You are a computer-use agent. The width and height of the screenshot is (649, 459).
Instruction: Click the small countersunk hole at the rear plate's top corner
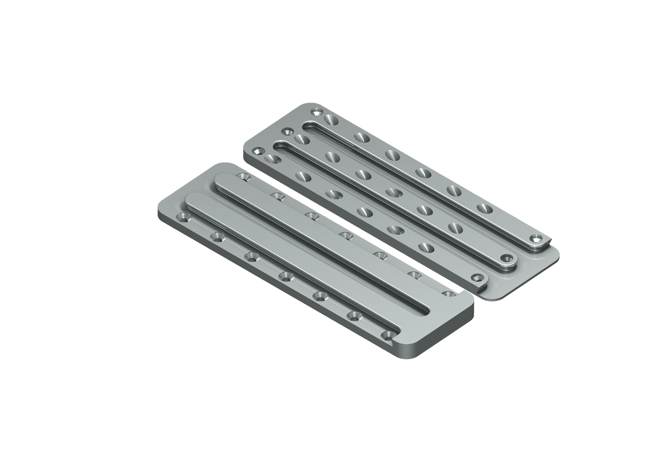pyautogui.click(x=316, y=112)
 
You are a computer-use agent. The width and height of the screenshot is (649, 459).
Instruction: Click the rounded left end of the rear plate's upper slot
pyautogui.click(x=306, y=127)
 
